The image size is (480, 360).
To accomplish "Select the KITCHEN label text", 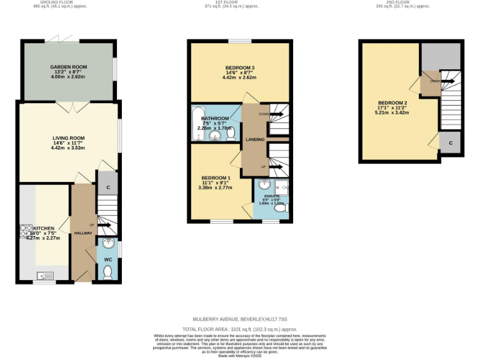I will [x=44, y=228].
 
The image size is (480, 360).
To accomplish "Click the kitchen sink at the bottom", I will [x=45, y=274].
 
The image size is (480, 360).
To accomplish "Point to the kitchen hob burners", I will [x=27, y=231].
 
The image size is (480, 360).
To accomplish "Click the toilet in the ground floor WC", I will [x=108, y=272].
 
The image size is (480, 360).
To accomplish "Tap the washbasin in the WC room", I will [x=108, y=244].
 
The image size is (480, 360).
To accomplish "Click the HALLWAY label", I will [x=83, y=233].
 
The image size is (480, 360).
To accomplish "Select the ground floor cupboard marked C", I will [x=107, y=187].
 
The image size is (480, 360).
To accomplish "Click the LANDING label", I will [x=255, y=139].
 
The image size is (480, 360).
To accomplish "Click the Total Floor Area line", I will [x=240, y=329].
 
